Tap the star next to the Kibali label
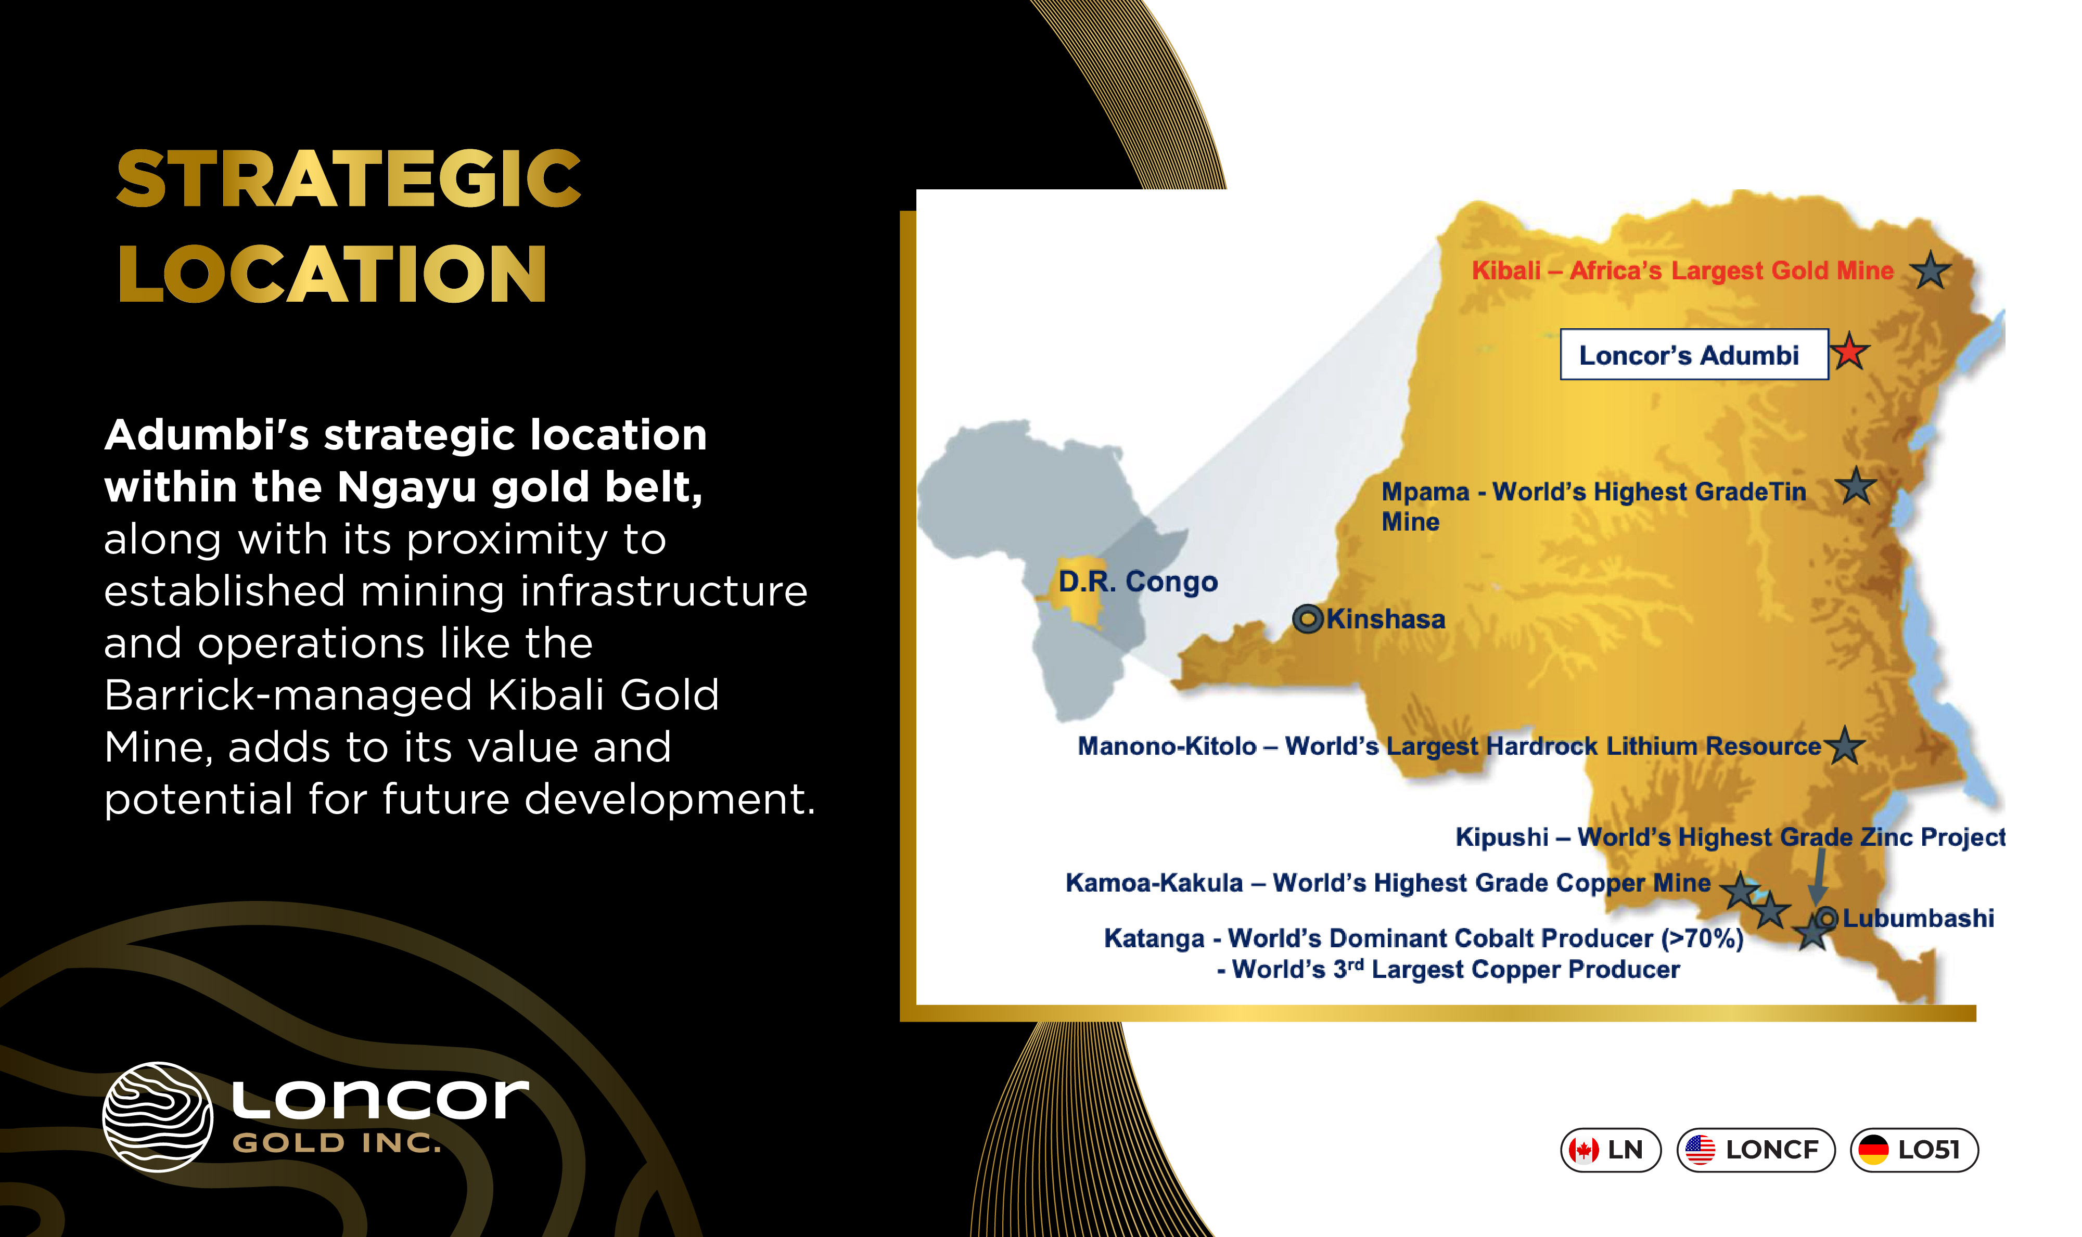pos(1930,271)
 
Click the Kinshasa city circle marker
pos(1307,618)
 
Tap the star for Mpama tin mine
pos(1856,486)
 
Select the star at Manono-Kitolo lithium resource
pos(1844,745)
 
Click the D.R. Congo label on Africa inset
pos(1138,581)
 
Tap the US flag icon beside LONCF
pos(1700,1150)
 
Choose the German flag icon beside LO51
pos(1873,1150)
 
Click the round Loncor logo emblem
pos(158,1117)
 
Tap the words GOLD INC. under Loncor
pos(336,1143)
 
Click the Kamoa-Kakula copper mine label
pos(1387,883)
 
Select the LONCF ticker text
pos(1772,1150)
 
